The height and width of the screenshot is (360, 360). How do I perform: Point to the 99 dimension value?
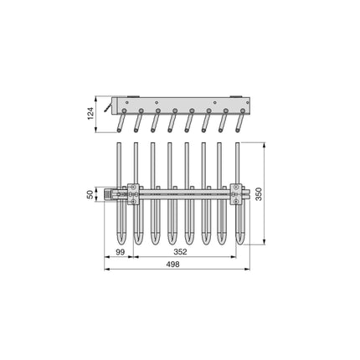120,250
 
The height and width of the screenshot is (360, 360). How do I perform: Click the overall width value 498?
173,263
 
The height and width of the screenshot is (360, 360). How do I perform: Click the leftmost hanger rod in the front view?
119,167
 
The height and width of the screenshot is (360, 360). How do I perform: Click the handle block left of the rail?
111,194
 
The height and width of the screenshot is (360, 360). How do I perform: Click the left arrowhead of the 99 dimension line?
106,256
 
